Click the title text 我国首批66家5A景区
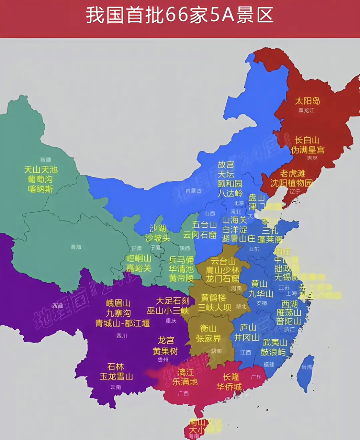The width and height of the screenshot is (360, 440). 180,15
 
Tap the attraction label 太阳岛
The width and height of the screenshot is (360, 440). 307,101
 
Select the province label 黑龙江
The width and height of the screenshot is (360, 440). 306,110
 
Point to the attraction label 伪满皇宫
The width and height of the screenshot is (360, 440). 308,150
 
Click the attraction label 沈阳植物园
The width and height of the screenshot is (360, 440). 292,183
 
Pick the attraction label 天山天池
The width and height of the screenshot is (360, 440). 41,169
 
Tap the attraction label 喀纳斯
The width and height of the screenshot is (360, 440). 41,189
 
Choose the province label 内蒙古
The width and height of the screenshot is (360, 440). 193,191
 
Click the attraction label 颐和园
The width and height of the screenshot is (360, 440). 230,184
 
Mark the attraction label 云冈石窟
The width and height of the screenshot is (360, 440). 200,235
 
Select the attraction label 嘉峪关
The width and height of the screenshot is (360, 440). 138,268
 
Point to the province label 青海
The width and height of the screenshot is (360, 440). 76,247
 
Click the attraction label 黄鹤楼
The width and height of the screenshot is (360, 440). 214,298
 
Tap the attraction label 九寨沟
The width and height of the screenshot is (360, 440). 118,313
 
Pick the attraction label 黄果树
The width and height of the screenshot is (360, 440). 166,351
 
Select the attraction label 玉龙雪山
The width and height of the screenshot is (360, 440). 116,376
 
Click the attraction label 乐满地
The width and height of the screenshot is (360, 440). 185,382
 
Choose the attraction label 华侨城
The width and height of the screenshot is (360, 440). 229,387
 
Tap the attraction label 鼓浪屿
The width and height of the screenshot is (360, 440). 273,352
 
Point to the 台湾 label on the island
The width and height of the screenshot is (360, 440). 307,367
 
